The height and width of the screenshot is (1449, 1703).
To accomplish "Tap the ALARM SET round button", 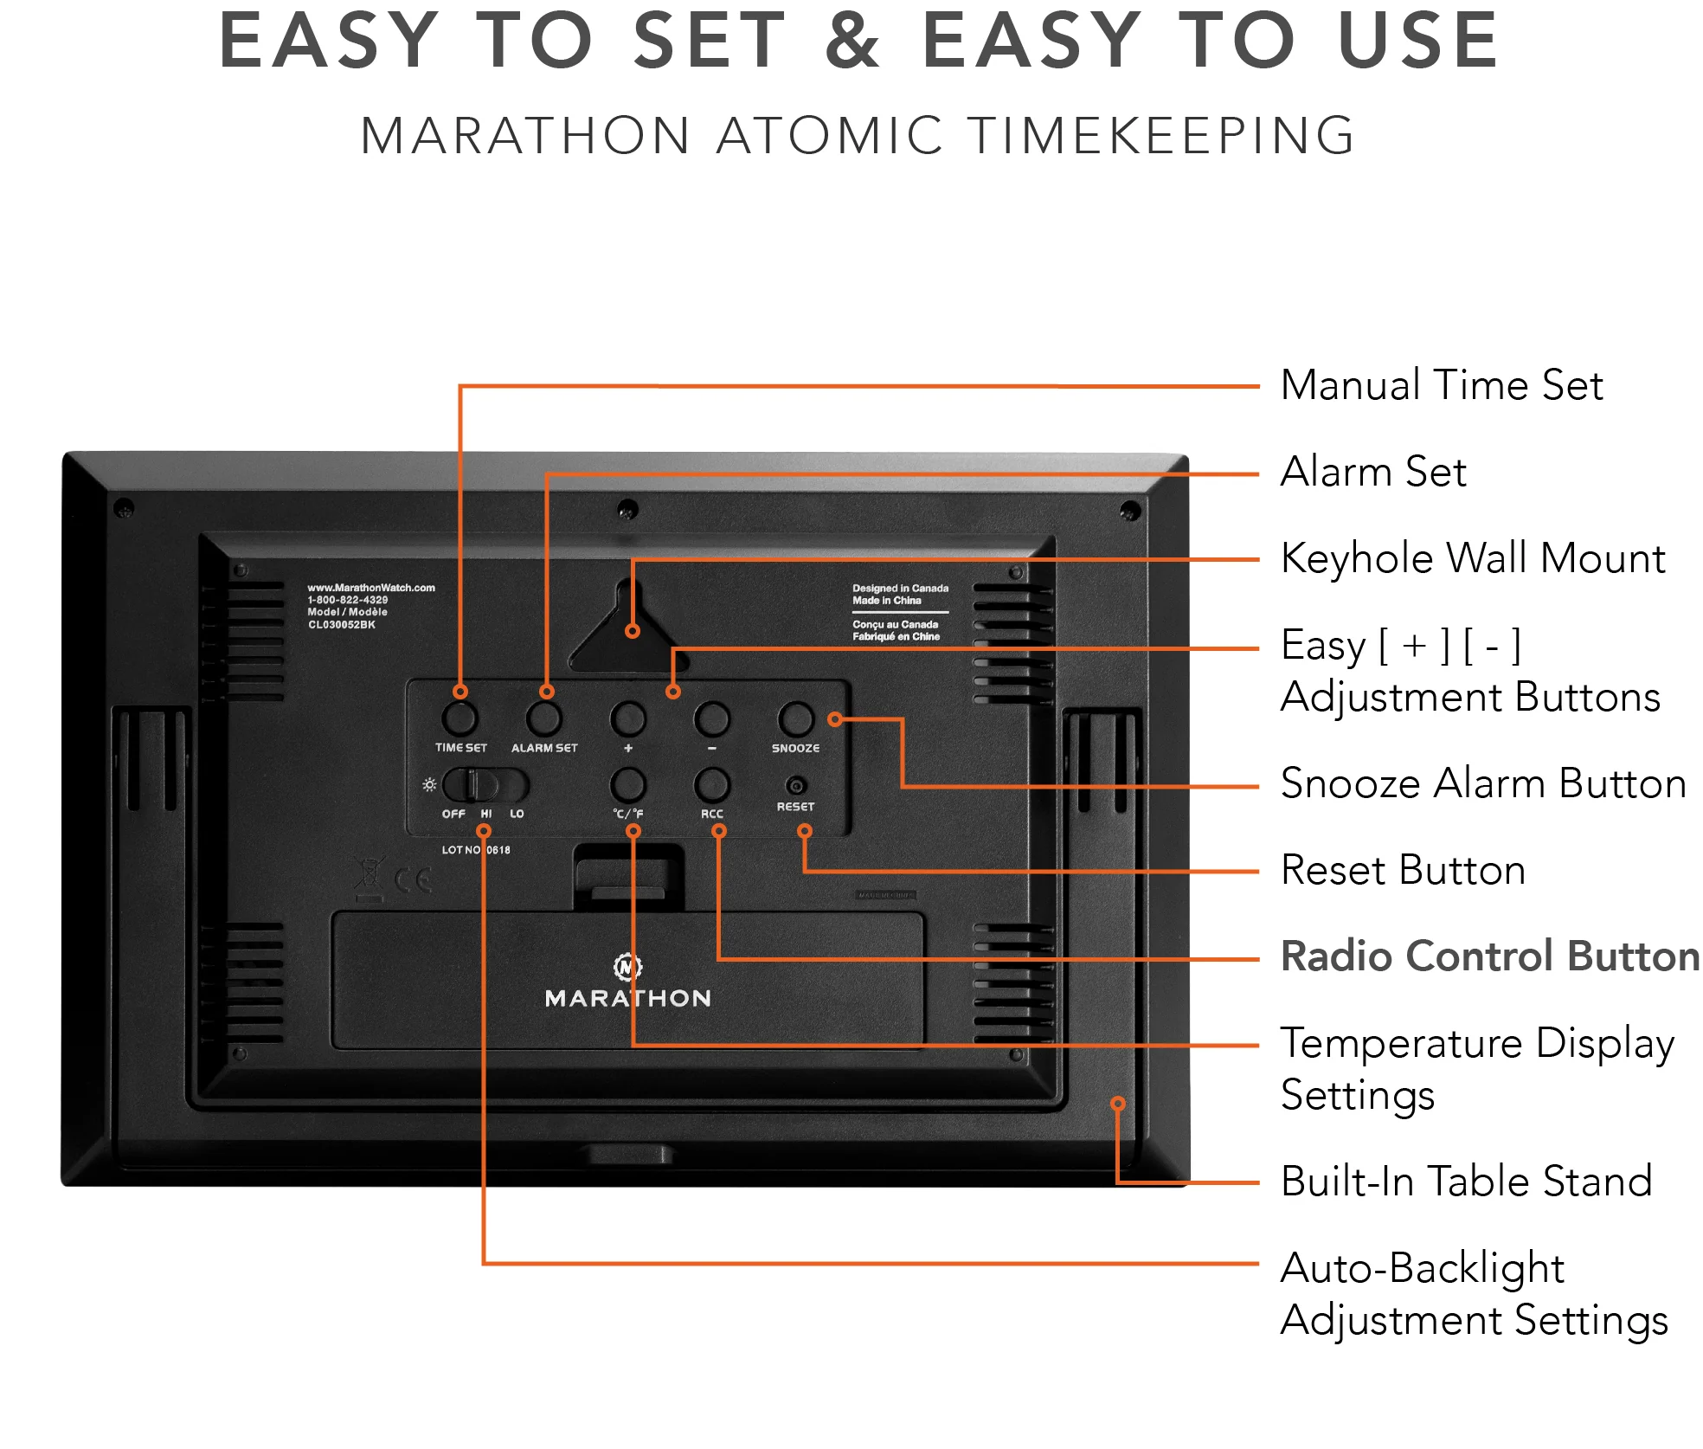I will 544,718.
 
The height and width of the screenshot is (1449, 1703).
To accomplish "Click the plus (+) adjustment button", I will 628,718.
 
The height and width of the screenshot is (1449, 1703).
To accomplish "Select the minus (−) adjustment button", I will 712,718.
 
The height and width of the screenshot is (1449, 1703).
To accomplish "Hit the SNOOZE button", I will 795,718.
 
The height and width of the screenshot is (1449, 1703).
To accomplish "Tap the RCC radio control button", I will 712,784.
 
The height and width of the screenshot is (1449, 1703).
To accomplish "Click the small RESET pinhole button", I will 796,786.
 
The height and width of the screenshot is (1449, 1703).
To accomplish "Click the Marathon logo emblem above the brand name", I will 627,966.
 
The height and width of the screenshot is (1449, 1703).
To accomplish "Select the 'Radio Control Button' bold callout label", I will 1489,956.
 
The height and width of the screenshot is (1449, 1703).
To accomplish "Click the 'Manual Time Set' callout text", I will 1441,385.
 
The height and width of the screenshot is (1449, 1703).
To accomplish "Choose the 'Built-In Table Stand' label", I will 1466,1182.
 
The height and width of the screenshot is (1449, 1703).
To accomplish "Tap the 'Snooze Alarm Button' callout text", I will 1482,783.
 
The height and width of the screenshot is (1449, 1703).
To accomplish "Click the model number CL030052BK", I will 342,625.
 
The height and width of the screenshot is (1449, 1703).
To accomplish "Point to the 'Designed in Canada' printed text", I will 900,589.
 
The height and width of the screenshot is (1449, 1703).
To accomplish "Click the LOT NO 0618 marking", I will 476,850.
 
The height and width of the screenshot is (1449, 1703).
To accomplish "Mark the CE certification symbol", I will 413,881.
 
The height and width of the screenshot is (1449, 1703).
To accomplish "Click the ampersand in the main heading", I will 852,41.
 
